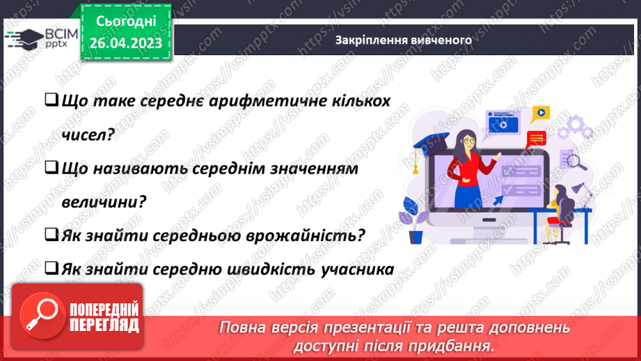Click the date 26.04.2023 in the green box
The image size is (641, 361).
point(125,43)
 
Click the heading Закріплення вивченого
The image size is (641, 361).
point(403,40)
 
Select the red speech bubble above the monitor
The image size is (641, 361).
point(537,138)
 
